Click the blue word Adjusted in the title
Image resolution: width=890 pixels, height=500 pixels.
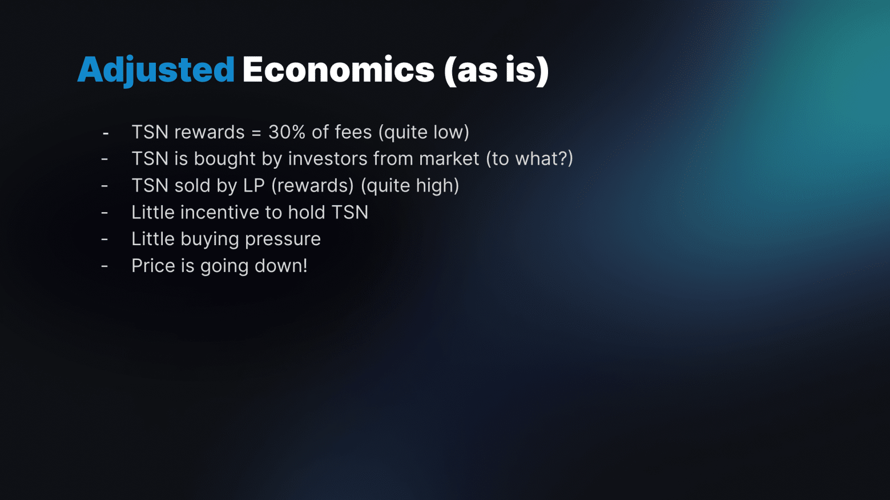click(x=156, y=71)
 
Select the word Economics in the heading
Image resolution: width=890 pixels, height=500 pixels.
click(x=339, y=70)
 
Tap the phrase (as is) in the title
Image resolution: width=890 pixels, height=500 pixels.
click(x=496, y=71)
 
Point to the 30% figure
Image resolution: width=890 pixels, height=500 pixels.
click(x=287, y=132)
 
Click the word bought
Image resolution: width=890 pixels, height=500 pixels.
click(x=224, y=158)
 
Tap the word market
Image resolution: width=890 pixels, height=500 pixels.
click(x=449, y=158)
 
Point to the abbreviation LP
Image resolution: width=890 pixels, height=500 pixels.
click(x=254, y=185)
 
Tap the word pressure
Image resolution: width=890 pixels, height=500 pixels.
click(x=283, y=239)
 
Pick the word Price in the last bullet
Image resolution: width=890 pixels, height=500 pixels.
click(x=154, y=266)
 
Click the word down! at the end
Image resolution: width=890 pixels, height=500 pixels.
click(x=281, y=266)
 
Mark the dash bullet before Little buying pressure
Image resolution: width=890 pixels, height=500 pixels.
click(x=104, y=239)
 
